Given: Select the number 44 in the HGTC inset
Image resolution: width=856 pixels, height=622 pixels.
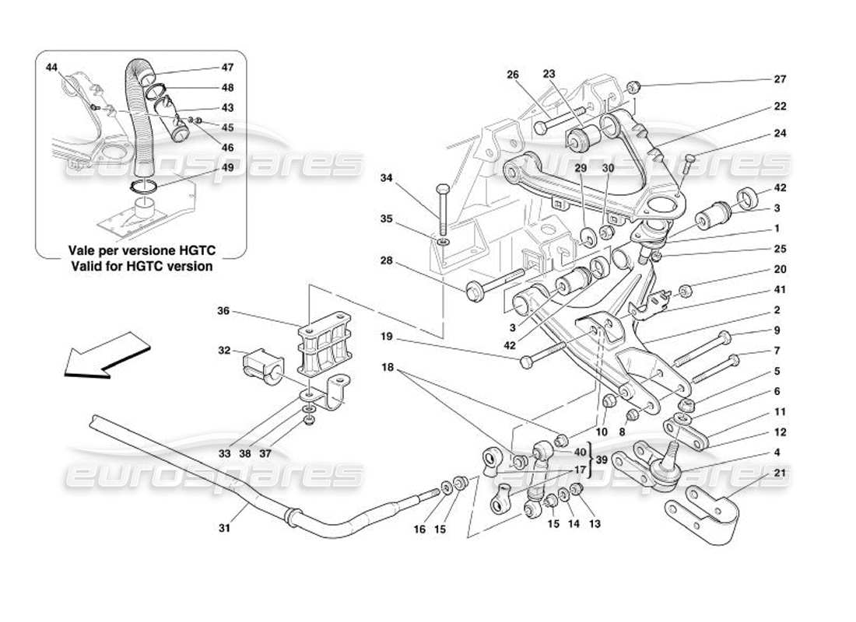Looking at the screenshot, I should tap(51, 68).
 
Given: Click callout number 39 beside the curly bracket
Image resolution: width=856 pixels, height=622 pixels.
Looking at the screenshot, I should tap(602, 460).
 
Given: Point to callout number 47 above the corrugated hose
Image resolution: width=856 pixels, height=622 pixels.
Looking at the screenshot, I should tap(227, 68).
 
